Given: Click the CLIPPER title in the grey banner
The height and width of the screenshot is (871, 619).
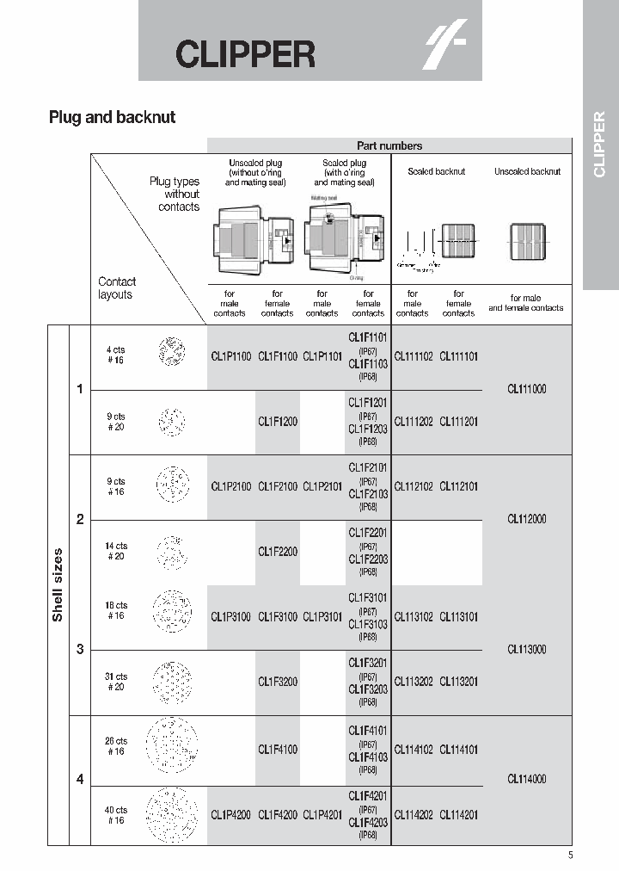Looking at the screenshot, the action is (246, 54).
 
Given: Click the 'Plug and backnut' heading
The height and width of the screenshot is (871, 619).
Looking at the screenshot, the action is (112, 117).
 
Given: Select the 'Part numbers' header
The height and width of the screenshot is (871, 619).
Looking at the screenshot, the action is (389, 146).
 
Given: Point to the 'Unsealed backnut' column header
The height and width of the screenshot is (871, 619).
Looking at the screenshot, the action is (527, 171).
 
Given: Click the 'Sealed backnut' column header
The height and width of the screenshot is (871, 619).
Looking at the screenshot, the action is (436, 171).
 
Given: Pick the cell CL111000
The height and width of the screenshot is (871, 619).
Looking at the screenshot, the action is (527, 389).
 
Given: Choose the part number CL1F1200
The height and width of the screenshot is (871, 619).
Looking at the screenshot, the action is (278, 422).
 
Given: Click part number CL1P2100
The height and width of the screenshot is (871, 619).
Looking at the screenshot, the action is (231, 486).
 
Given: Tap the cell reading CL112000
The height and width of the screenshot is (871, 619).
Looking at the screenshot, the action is (527, 519).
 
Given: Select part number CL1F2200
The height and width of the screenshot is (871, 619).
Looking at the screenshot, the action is (278, 552).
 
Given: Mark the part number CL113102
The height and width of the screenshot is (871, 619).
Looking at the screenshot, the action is (414, 616).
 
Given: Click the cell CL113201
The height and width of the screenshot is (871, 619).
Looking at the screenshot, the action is (459, 682).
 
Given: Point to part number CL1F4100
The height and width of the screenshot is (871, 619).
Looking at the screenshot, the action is (278, 749).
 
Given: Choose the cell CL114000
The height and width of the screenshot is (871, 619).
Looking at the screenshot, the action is (527, 779).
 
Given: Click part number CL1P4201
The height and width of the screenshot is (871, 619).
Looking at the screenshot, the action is (322, 814).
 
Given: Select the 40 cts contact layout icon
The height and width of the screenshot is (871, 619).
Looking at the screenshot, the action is (172, 814).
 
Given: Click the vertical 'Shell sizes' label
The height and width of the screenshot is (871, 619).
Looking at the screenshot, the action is (58, 585).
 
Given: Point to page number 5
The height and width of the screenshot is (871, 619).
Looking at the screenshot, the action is (570, 855).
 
